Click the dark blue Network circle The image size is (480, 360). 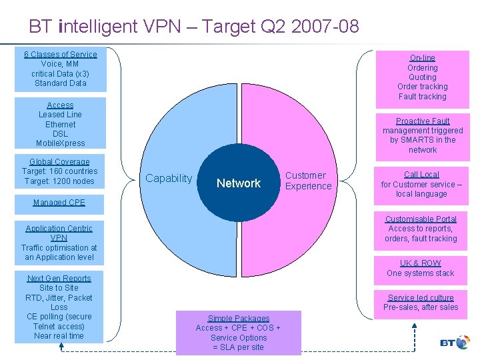pos(239,183)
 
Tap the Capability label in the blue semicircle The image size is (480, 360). pos(169,178)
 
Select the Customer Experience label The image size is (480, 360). pos(308,181)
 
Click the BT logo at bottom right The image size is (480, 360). pos(456,343)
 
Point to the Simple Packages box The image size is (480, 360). pos(238,333)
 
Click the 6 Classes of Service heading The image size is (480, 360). pos(61,54)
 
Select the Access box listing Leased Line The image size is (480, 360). pos(60,124)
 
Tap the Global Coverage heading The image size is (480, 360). pos(59,162)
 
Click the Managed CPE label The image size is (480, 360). pos(59,202)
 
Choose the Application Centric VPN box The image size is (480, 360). pos(59,243)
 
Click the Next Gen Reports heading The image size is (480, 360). pos(59,278)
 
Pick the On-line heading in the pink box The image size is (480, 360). pos(423,58)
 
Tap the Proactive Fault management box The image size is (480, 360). pos(423,135)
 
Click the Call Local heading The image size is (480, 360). pos(422,175)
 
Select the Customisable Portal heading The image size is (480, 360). pos(421,219)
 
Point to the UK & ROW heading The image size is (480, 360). pos(421,263)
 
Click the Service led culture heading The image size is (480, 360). pos(421,297)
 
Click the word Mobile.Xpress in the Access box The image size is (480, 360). pos(60,143)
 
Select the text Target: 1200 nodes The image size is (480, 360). pos(59,181)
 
